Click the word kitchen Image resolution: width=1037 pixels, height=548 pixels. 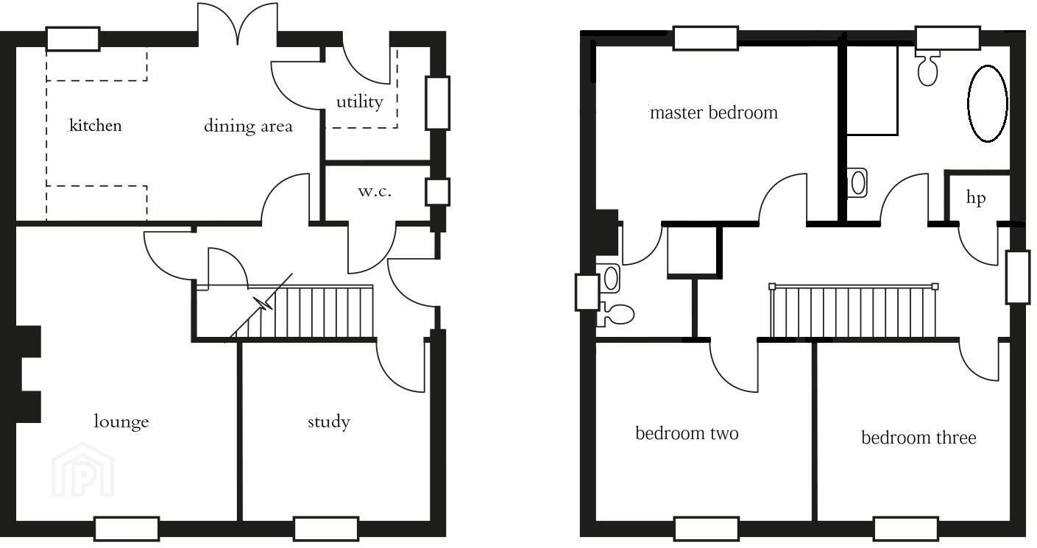[x=96, y=126]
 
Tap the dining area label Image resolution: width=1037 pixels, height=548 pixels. [x=248, y=126]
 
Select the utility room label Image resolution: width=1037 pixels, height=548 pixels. [x=360, y=102]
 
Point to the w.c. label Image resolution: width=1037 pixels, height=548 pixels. [x=375, y=191]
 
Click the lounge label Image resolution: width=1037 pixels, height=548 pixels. [x=121, y=421]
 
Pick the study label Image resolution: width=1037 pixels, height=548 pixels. [x=329, y=421]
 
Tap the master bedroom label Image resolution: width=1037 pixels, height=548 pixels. [x=714, y=113]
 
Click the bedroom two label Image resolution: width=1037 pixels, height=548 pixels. [x=687, y=433]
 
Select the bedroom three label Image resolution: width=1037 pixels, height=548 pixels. [x=919, y=438]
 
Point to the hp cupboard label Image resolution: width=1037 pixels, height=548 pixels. [x=975, y=198]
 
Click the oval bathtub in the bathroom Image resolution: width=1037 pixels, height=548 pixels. [x=988, y=103]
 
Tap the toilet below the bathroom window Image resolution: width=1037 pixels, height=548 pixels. [x=928, y=68]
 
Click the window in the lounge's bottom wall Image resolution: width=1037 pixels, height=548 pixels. [x=127, y=529]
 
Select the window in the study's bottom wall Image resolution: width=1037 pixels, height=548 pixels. [x=326, y=529]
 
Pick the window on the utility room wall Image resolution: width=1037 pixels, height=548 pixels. [x=437, y=103]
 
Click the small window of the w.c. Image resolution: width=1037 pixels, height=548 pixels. [x=437, y=192]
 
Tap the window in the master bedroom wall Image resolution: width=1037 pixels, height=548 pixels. [x=706, y=38]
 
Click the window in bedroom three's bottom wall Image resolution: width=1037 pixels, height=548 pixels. [x=906, y=529]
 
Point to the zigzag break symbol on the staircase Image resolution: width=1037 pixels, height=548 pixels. [x=263, y=304]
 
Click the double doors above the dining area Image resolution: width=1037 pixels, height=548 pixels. [x=238, y=24]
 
